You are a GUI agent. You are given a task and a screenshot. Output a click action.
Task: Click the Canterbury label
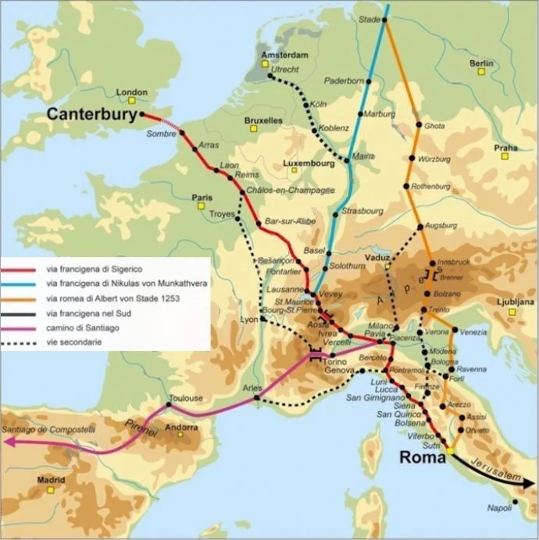coord(92,114)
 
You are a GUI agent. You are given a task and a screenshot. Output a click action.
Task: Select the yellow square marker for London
coord(132,100)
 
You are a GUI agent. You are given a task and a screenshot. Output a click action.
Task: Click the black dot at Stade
coord(384,20)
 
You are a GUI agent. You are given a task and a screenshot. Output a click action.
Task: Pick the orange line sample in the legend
coord(22,299)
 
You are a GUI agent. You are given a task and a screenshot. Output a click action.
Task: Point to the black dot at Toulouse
coord(169,406)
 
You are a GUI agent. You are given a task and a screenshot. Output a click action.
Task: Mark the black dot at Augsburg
coord(420,227)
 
